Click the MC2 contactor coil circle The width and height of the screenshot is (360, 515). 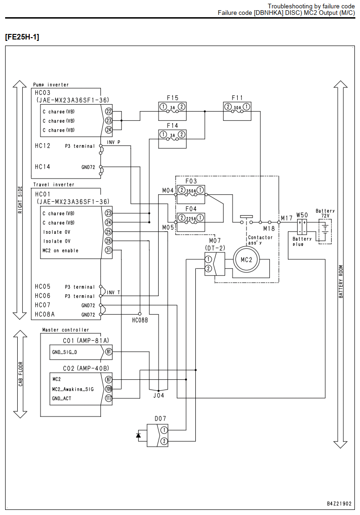(246, 260)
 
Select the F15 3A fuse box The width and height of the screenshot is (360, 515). (172, 111)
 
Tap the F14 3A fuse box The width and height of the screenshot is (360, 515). (172, 139)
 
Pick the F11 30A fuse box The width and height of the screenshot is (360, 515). (237, 111)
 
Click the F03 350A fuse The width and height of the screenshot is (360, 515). (191, 194)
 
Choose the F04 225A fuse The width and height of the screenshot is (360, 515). (191, 222)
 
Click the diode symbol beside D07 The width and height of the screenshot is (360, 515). (139, 435)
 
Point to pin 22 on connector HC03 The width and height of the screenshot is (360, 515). (108, 112)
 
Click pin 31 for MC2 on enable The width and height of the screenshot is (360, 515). (108, 250)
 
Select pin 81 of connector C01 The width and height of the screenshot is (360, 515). (108, 352)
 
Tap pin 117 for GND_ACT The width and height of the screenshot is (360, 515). (108, 398)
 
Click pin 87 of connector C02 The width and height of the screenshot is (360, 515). (108, 379)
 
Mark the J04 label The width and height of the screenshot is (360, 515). (159, 396)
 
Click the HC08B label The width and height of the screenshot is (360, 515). (140, 320)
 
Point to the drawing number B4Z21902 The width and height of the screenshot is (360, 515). (339, 503)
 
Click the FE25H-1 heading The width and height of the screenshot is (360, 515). (22, 37)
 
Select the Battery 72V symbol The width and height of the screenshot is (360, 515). (325, 231)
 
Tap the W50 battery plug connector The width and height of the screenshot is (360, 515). (302, 227)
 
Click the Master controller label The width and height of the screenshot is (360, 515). (66, 330)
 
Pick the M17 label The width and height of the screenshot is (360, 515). (287, 218)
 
